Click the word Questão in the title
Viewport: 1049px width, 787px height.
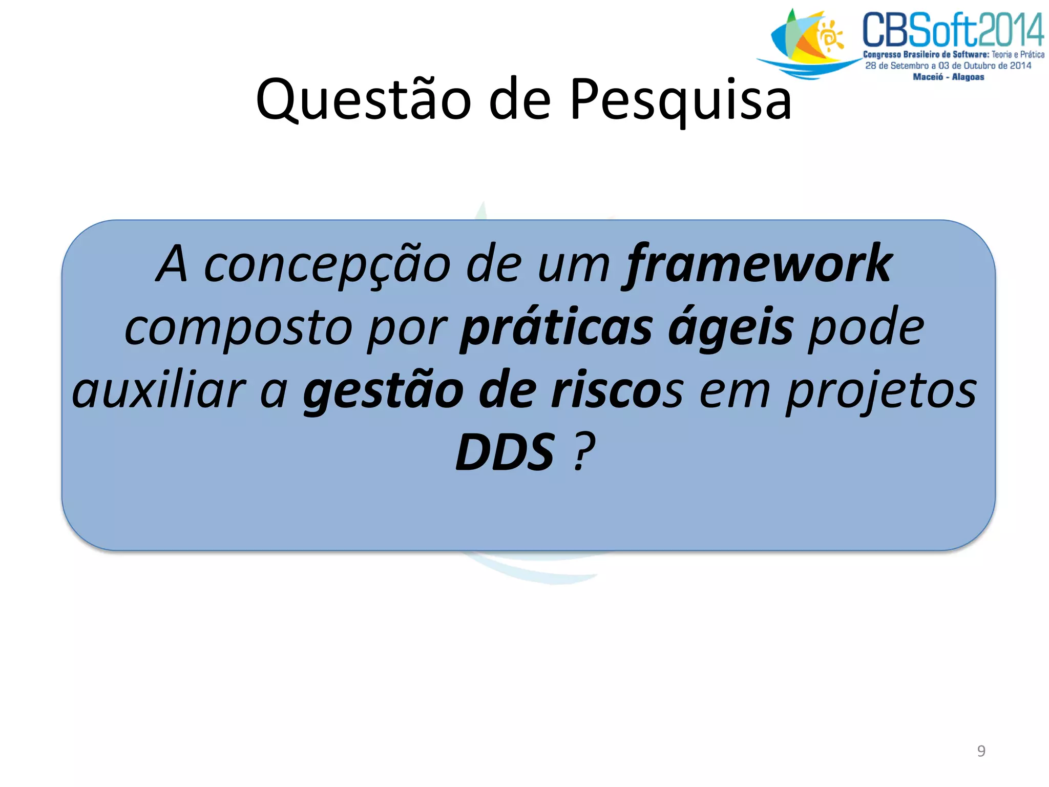pos(363,100)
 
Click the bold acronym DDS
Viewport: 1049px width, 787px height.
pos(505,452)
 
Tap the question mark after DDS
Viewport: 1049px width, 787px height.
pos(584,452)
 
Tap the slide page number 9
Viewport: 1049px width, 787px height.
pos(981,751)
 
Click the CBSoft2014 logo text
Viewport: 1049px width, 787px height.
pos(953,31)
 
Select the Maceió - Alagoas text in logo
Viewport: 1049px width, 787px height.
pos(948,77)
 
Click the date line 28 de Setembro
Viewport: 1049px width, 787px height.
pos(948,66)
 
